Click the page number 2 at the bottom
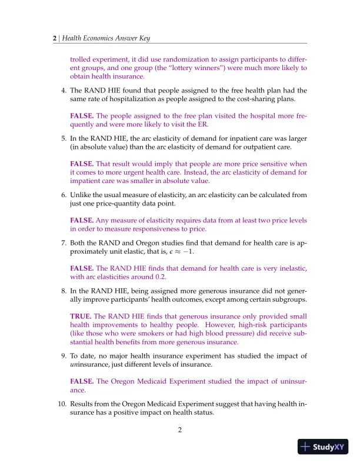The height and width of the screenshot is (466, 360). click(x=180, y=430)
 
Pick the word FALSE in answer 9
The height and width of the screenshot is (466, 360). click(x=82, y=381)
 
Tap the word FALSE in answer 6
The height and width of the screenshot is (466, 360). click(x=82, y=220)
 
